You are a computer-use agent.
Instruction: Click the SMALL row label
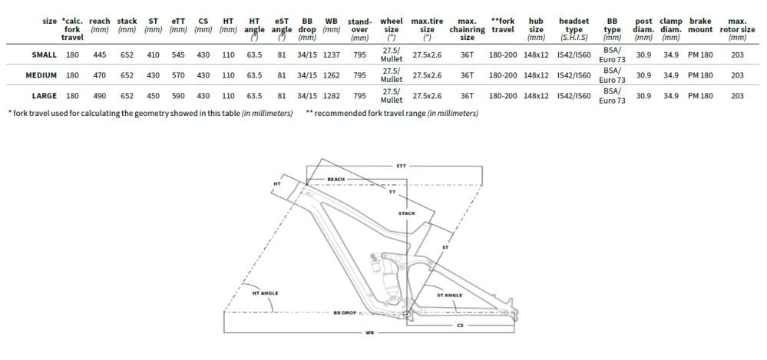coord(44,54)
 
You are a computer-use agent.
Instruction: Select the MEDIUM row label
coord(41,75)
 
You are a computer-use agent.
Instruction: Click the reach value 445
coord(100,54)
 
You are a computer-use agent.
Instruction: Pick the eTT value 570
coord(178,75)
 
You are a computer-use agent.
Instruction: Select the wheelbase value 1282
coord(332,96)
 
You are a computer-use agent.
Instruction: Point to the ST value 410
coord(153,54)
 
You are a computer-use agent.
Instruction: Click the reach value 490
coord(100,96)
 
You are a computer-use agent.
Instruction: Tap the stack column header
coord(127,25)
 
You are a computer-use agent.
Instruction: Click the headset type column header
coord(574,29)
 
